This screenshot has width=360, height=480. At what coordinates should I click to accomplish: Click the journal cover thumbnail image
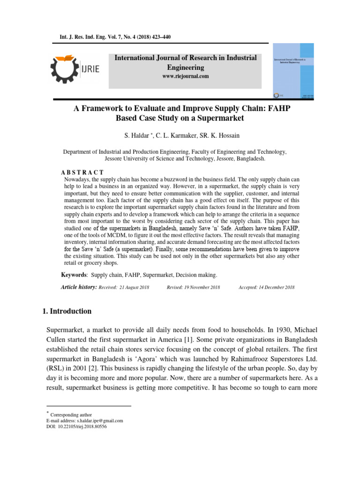coord(293,71)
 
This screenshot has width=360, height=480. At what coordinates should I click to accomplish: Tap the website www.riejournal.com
coord(186,76)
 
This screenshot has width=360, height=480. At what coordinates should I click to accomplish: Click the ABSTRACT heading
coord(82,173)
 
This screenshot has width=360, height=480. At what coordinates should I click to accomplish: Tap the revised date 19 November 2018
coord(200,287)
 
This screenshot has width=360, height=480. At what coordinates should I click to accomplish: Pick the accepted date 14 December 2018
coord(273,287)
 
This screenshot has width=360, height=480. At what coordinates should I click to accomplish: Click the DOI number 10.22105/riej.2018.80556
coord(88,427)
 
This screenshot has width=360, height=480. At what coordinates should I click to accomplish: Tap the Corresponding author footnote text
coord(71,415)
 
